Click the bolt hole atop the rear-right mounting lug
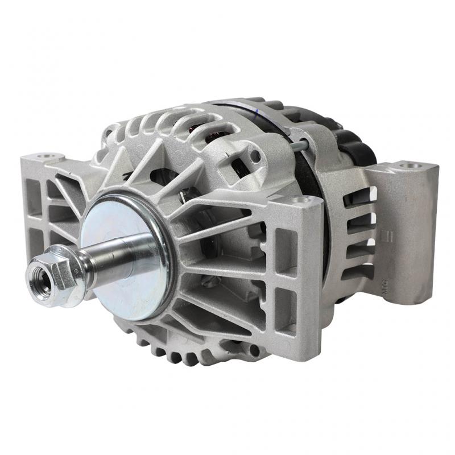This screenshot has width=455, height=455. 409,166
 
